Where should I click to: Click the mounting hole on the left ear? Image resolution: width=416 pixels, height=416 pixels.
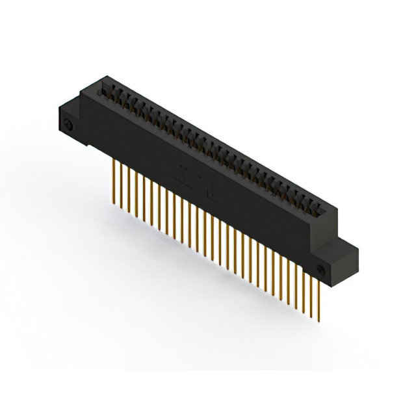68,124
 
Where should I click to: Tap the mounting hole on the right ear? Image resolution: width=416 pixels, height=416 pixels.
320,270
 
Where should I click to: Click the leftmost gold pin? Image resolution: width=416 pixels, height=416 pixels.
115,182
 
